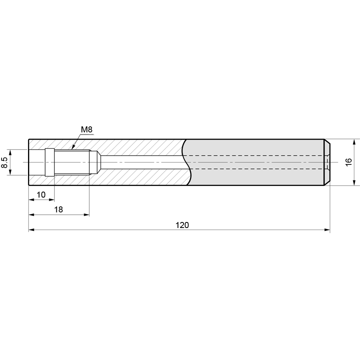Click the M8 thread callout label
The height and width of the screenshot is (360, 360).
[86, 130]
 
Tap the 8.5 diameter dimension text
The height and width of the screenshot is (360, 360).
[5, 162]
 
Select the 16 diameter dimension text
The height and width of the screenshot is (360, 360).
[348, 162]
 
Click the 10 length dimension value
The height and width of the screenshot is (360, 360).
[41, 195]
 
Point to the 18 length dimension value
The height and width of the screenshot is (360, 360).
[58, 209]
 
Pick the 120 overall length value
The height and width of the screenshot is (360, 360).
[182, 225]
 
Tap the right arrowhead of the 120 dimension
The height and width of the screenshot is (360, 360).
[327, 230]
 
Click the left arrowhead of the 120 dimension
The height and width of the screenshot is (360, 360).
[32, 230]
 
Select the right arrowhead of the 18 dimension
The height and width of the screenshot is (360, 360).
[86, 215]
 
